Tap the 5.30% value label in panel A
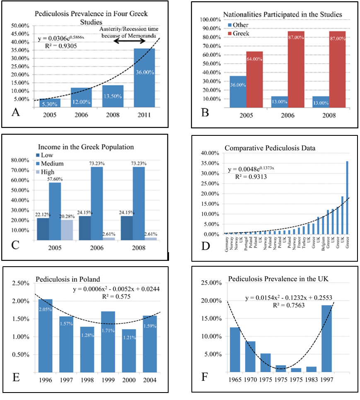pyautogui.click(x=50, y=104)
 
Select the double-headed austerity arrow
pyautogui.click(x=130, y=41)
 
